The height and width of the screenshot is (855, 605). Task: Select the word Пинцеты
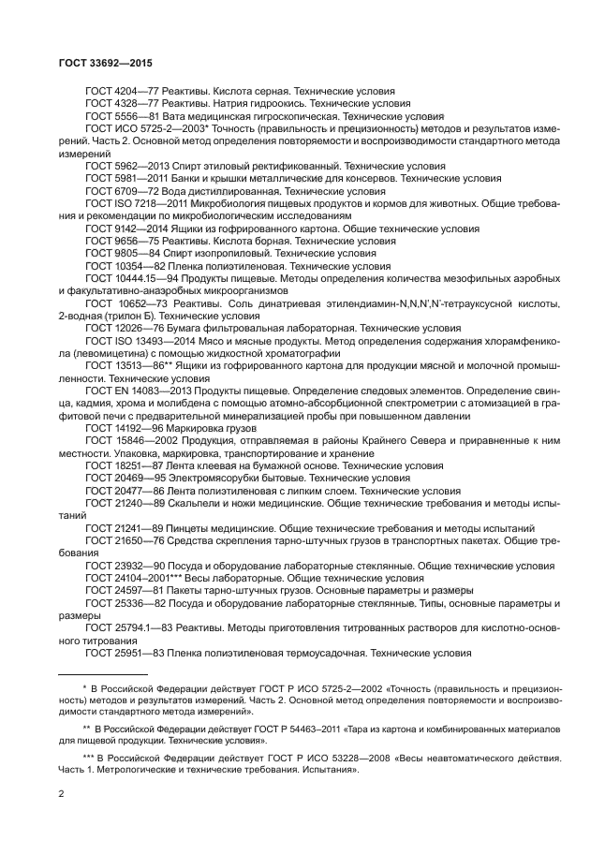point(184,527)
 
